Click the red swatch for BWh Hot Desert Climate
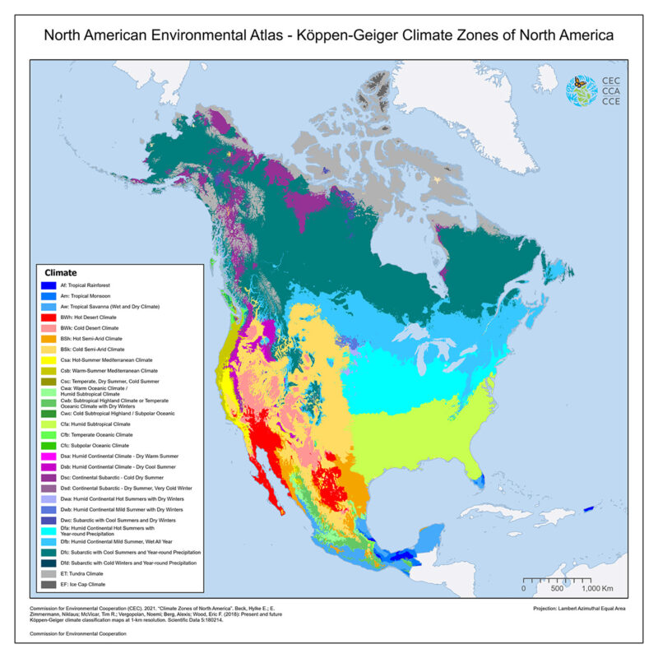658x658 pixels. [49, 317]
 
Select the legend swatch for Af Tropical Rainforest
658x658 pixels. [49, 285]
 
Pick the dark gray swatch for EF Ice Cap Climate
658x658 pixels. [49, 585]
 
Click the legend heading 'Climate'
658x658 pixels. [61, 272]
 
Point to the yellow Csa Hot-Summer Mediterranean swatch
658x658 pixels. [49, 359]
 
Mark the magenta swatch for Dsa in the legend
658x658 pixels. [49, 456]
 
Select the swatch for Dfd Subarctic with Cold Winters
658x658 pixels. [49, 563]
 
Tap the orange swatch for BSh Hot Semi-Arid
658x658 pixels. [49, 338]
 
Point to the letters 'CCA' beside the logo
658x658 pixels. [611, 91]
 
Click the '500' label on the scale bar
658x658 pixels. [556, 590]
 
